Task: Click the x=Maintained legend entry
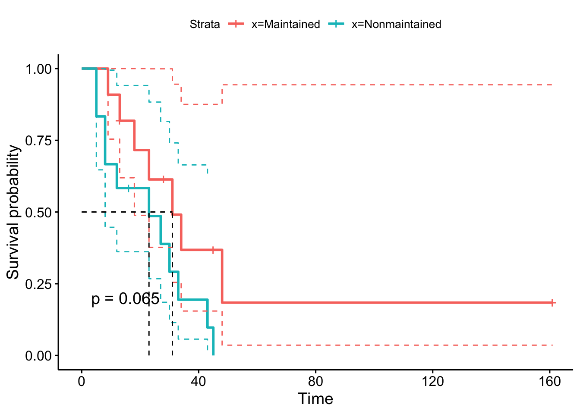285,24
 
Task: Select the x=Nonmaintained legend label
396,24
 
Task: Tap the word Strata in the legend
205,24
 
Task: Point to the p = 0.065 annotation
125,299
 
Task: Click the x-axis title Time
315,399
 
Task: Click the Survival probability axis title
13,212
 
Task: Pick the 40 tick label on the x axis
199,382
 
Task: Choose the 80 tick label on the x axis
315,382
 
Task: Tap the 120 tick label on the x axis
433,382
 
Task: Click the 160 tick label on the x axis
550,382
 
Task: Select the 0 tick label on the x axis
81,382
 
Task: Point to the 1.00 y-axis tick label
38,69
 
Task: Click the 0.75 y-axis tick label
38,141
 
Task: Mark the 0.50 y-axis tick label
38,212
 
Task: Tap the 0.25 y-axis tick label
38,284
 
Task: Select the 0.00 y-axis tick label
38,356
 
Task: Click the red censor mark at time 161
552,303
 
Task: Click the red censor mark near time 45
213,250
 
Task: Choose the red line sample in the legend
236,24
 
